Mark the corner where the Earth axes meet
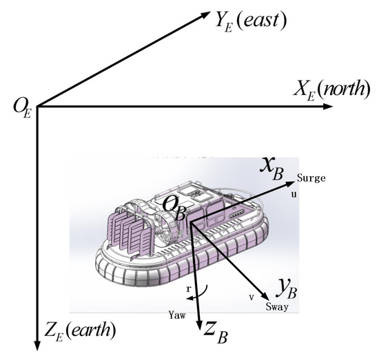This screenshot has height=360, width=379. tap(35, 106)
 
